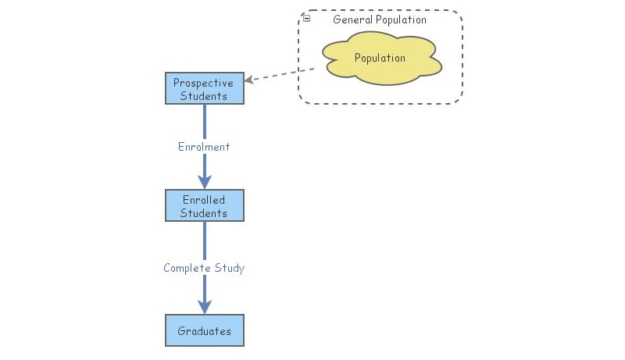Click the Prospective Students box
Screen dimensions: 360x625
pyautogui.click(x=205, y=89)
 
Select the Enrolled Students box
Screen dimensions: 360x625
pyautogui.click(x=205, y=205)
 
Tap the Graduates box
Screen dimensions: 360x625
pyautogui.click(x=205, y=330)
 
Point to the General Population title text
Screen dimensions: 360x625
pyautogui.click(x=380, y=20)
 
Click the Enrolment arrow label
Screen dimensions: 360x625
pyautogui.click(x=204, y=146)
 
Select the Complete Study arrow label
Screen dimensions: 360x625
pyautogui.click(x=204, y=268)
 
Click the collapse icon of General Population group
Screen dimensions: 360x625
pyautogui.click(x=306, y=18)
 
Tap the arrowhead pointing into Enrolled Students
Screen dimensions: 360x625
pyautogui.click(x=205, y=182)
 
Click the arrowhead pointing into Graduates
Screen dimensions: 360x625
pyautogui.click(x=205, y=307)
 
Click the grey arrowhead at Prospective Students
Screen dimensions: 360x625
pyautogui.click(x=249, y=80)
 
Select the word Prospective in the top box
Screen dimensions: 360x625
pyautogui.click(x=203, y=83)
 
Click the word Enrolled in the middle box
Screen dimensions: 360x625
pyautogui.click(x=203, y=200)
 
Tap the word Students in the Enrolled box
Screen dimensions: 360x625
pyautogui.click(x=204, y=213)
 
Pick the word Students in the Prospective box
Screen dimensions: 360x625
pyautogui.click(x=204, y=96)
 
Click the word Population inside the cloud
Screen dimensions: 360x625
pyautogui.click(x=380, y=58)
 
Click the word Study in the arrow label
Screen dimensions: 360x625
pyautogui.click(x=230, y=268)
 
